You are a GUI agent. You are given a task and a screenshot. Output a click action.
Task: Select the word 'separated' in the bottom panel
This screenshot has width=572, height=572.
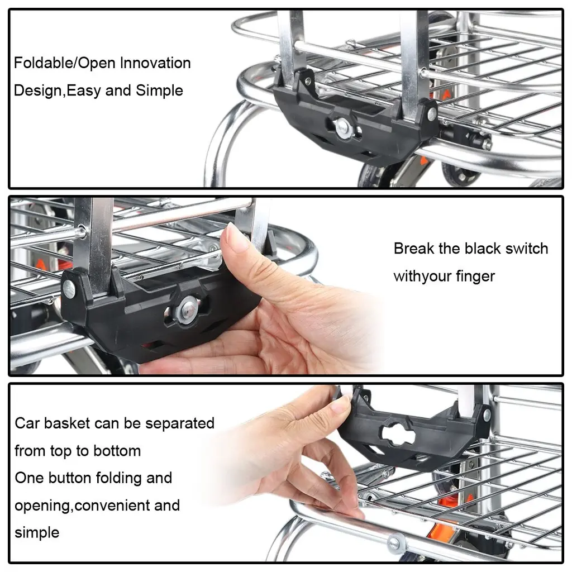(x=180, y=423)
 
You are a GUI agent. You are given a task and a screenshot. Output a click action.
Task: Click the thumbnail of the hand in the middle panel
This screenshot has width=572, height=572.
(x=236, y=237)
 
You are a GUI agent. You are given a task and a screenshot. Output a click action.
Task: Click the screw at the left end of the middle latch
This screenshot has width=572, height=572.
(x=69, y=289)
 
